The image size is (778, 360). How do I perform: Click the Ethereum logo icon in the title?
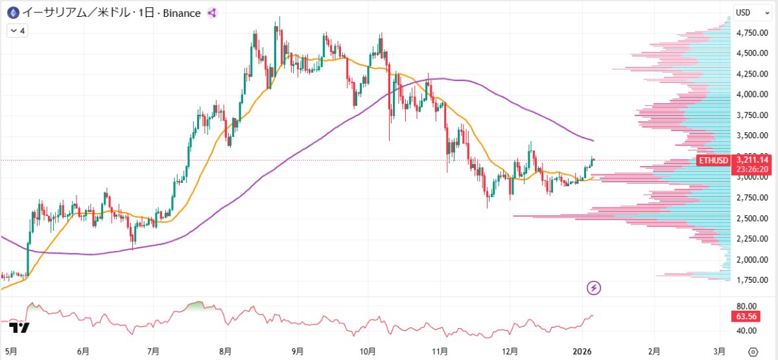[13, 13]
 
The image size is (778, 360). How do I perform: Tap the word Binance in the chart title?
[182, 13]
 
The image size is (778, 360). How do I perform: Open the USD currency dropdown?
[752, 12]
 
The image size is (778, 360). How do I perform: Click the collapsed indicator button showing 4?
[18, 31]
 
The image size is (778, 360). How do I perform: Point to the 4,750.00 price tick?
[752, 32]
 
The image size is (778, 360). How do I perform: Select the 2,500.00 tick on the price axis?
[752, 218]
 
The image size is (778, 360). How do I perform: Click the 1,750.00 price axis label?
[752, 280]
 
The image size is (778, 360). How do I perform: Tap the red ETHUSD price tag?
[713, 160]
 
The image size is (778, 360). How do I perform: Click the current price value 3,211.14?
[752, 160]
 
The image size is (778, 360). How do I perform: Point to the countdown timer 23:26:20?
[752, 169]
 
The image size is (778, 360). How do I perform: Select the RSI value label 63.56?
[746, 317]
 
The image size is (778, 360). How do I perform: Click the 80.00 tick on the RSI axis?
[746, 306]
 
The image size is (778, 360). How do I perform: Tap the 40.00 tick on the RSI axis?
[746, 330]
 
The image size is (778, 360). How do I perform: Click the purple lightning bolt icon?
[594, 288]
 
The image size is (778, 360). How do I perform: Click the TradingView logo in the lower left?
[19, 328]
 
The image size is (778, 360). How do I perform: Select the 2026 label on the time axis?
[582, 352]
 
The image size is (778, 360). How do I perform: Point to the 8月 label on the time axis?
[226, 352]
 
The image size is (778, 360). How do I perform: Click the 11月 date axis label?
[440, 352]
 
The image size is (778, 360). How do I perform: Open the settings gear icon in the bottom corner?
[753, 352]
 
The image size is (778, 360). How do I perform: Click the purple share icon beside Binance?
[212, 13]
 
